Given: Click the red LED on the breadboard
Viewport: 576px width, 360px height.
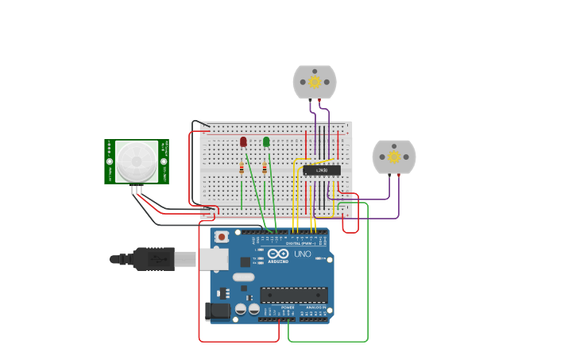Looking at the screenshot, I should (x=243, y=141).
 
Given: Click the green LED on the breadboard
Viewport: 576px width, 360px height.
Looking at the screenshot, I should (x=266, y=141).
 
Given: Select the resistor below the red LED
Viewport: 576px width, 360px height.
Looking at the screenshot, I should (x=242, y=168).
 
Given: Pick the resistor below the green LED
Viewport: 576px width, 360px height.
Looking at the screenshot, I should (x=265, y=168).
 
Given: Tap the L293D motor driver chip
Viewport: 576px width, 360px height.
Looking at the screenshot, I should (x=321, y=170).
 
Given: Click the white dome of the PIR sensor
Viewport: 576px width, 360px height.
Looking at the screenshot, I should (x=136, y=161).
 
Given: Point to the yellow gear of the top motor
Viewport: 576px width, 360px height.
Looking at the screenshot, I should (x=315, y=82).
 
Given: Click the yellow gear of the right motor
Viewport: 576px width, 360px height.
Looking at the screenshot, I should (x=394, y=157).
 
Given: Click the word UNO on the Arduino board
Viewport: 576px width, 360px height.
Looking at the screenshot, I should (x=303, y=254).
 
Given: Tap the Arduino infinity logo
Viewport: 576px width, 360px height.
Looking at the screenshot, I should (x=278, y=254).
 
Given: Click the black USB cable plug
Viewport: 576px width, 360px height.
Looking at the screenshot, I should (x=153, y=259).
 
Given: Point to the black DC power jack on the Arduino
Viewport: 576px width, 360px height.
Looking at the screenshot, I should (x=217, y=312).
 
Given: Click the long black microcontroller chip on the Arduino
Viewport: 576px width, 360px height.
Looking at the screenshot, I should (x=294, y=295).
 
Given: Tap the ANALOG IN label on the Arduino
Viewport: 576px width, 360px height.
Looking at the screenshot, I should (x=315, y=307).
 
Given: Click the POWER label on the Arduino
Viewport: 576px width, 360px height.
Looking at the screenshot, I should (x=276, y=307).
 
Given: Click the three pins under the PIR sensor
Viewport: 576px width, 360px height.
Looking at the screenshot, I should (x=137, y=189).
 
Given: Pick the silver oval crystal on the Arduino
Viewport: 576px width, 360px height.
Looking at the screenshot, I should (x=243, y=277).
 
